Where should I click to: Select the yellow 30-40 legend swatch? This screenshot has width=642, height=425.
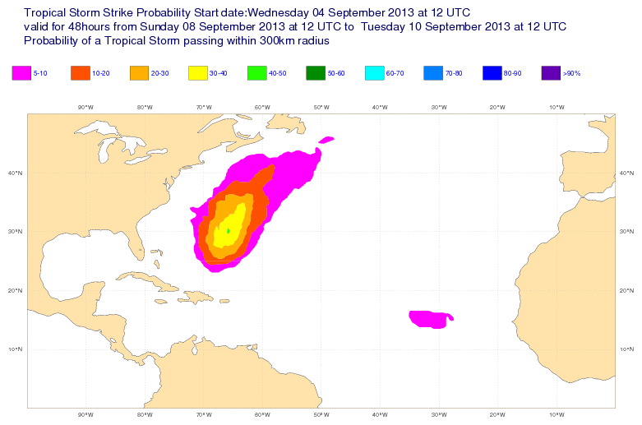coord(198,72)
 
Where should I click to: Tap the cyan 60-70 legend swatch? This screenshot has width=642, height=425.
coord(375,72)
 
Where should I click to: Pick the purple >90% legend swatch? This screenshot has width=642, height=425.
coord(552,72)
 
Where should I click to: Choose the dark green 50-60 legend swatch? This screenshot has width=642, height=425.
coord(316,72)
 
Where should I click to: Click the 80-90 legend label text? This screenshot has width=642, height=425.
coord(513,74)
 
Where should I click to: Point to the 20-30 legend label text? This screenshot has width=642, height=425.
coord(159,74)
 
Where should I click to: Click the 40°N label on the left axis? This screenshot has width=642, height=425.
coord(14,173)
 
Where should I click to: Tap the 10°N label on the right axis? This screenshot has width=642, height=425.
coord(628,349)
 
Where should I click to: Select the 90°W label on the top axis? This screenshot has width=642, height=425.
coord(85,107)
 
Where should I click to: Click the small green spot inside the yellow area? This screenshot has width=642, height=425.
coord(228,231)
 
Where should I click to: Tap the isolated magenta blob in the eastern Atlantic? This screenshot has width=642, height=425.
coord(431,319)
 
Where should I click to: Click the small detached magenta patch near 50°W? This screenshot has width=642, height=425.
coord(327,139)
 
